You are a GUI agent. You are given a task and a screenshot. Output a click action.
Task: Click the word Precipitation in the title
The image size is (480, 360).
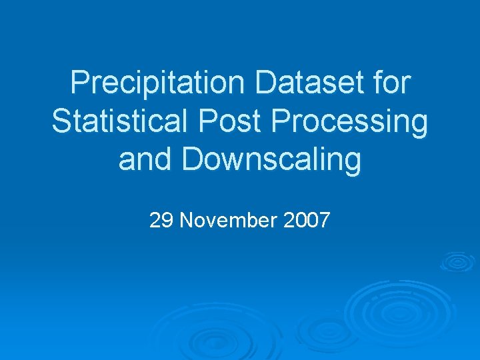(x=157, y=83)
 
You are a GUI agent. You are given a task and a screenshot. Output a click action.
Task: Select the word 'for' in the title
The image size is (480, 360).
(x=391, y=83)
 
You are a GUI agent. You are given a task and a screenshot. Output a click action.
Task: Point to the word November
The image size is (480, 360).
(x=228, y=219)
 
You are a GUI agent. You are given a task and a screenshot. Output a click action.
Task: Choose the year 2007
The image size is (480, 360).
(x=306, y=219)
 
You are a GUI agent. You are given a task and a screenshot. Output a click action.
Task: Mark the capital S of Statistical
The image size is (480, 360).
(x=61, y=122)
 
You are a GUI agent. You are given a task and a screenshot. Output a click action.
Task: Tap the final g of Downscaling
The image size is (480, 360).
(x=353, y=165)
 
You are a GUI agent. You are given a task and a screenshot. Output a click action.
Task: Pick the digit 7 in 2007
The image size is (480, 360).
(x=324, y=219)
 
